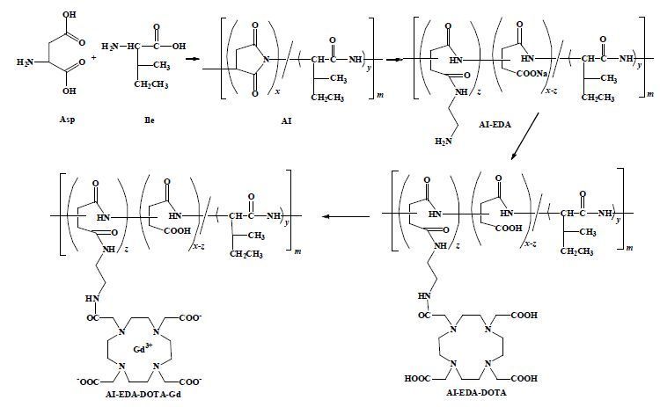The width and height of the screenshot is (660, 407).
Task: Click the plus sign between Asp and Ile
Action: click(94, 56)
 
